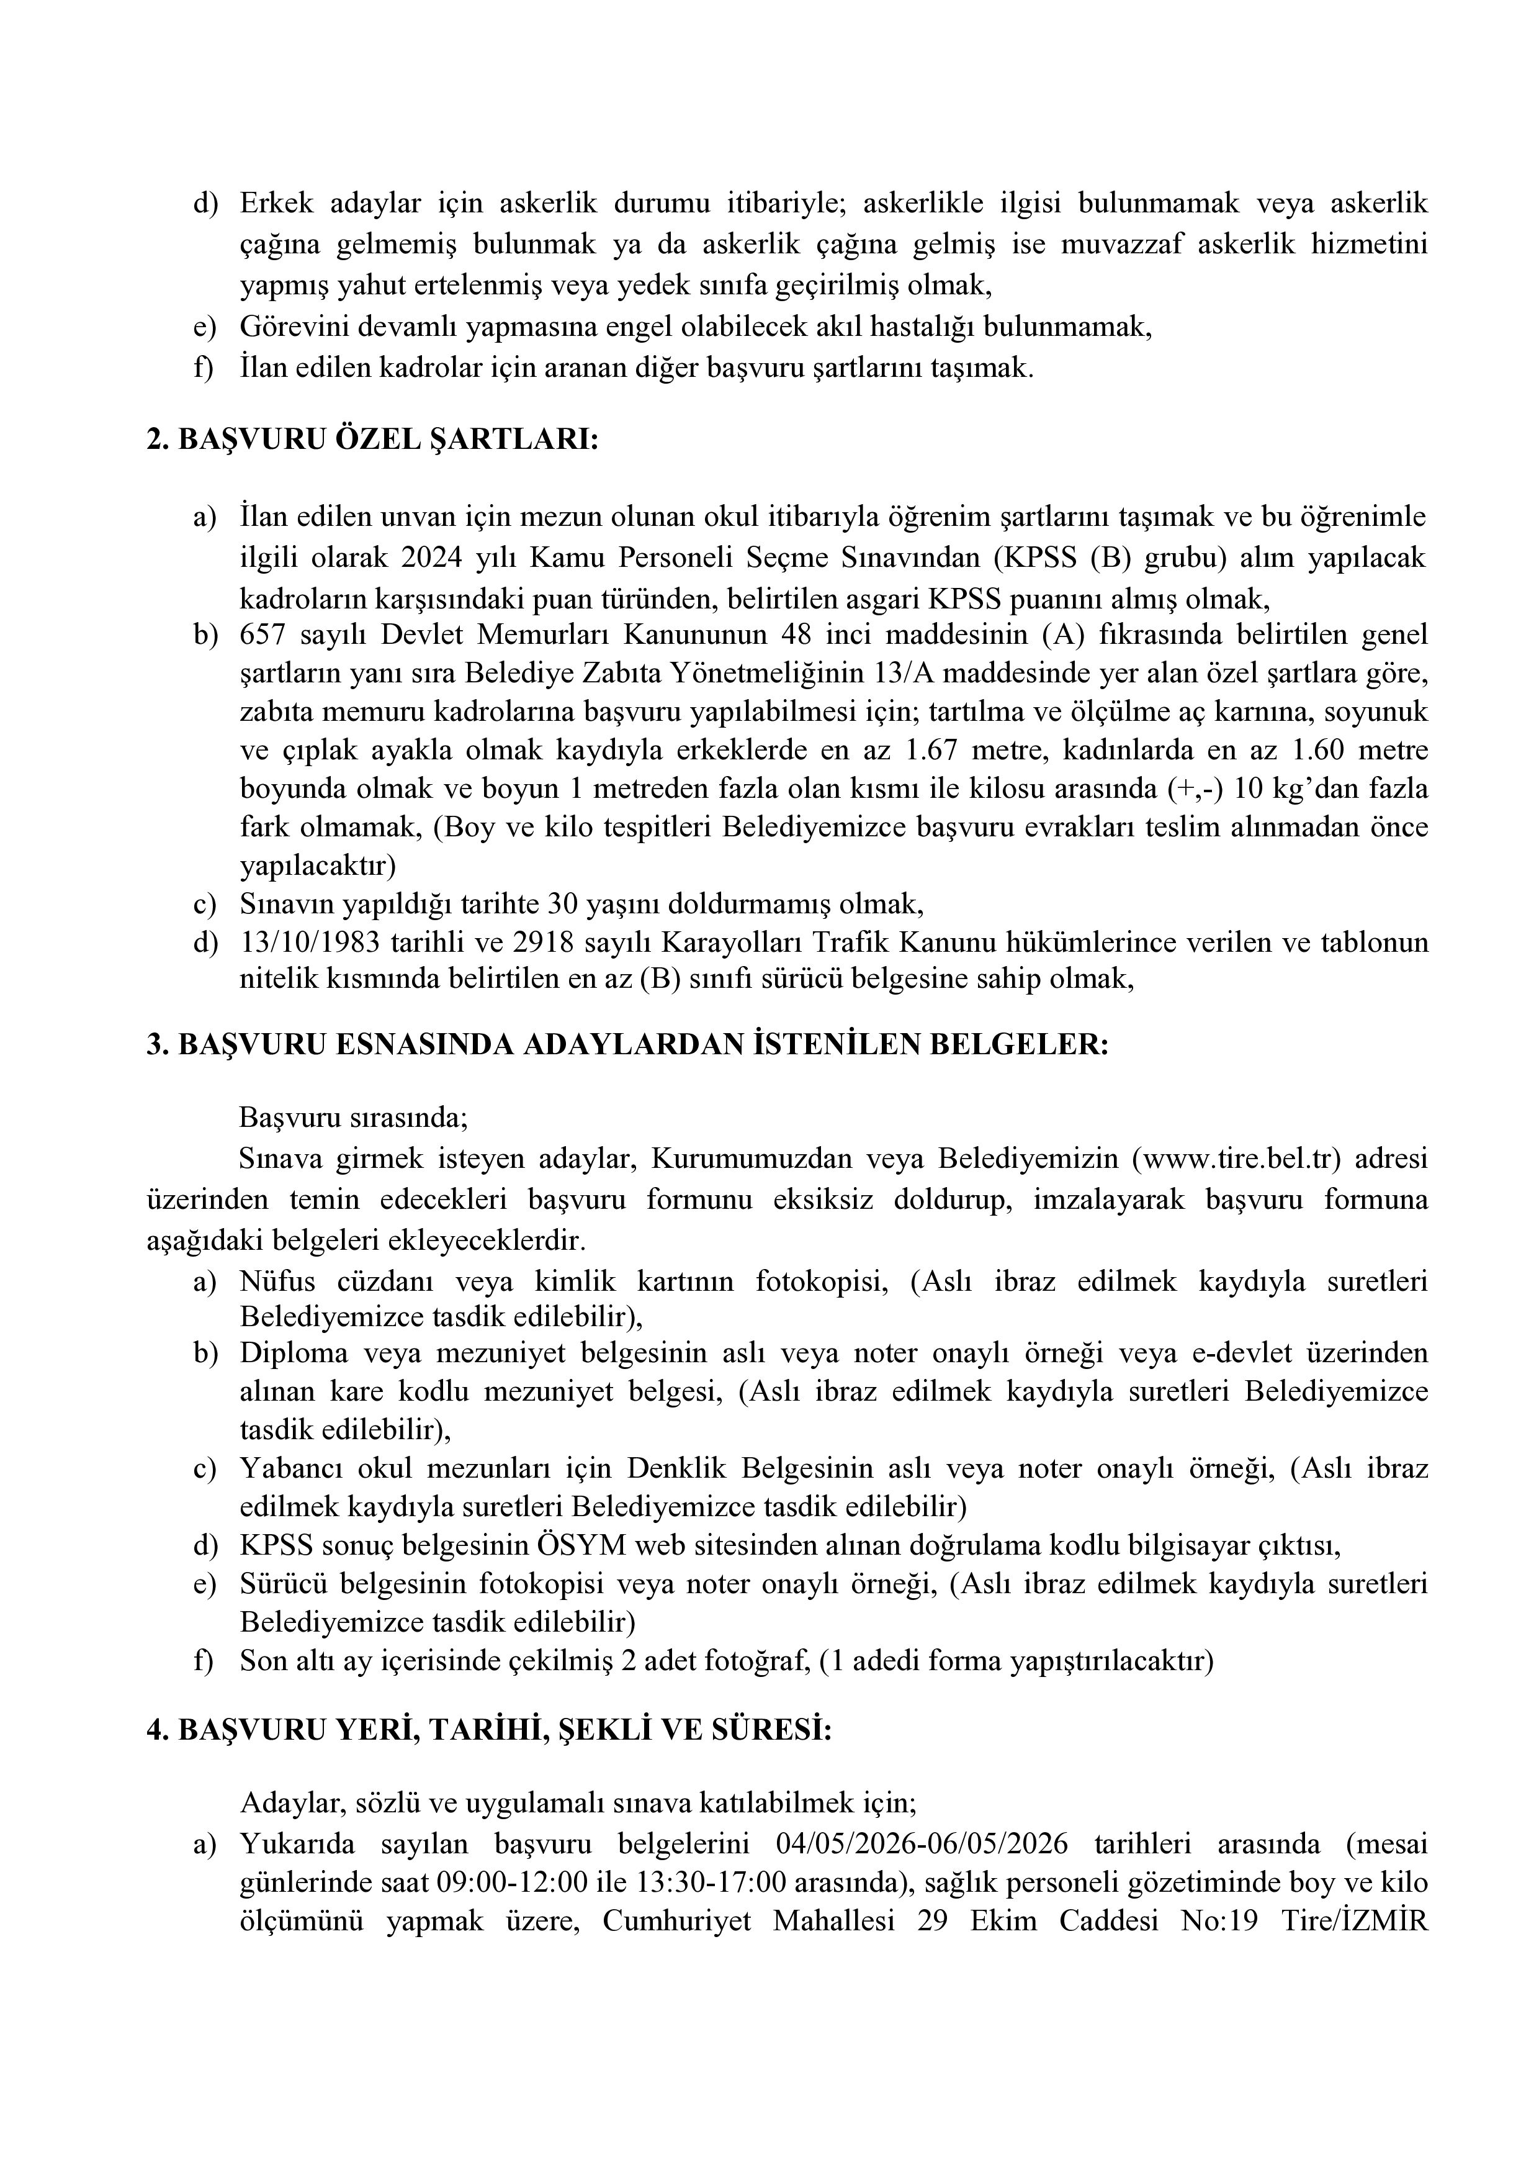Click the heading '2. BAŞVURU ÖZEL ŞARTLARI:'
click(x=373, y=440)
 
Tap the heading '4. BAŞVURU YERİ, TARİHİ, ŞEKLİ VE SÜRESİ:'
click(x=488, y=1729)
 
